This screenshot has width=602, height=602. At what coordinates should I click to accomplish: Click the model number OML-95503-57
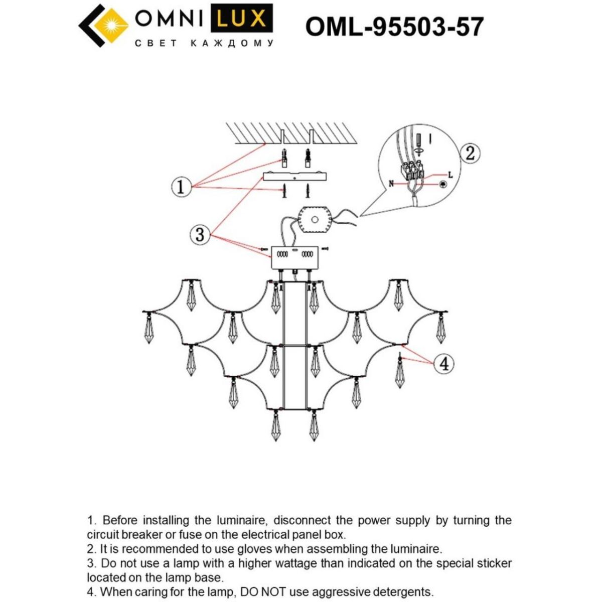(394, 26)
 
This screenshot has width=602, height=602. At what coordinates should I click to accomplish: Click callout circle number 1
(181, 187)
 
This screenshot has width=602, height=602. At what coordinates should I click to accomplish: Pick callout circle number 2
(470, 153)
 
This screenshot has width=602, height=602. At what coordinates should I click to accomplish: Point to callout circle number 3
(200, 234)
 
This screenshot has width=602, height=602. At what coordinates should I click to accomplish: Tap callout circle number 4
(443, 363)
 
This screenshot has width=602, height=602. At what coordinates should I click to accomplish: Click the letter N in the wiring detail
(391, 184)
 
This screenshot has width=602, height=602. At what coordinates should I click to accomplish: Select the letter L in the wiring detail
(450, 175)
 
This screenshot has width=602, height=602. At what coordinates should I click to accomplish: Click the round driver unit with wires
(315, 220)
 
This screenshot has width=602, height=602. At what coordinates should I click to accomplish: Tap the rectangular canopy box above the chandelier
(294, 257)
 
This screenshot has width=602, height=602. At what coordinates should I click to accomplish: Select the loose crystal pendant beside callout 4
(400, 371)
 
